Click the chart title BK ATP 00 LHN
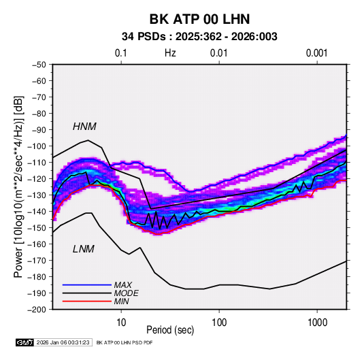click(199, 19)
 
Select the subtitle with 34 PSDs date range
click(199, 37)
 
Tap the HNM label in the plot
click(84, 127)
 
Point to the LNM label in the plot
click(84, 249)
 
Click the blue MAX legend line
click(87, 284)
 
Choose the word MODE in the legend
click(127, 293)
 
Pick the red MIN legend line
click(87, 301)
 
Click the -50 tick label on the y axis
click(39, 65)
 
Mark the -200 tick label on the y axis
click(37, 310)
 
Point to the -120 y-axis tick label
click(37, 179)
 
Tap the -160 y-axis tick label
click(37, 244)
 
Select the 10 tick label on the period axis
click(121, 323)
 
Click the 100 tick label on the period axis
click(219, 323)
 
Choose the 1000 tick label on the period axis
click(317, 323)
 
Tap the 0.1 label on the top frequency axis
click(121, 53)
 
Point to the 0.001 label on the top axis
click(316, 53)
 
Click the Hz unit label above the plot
click(170, 53)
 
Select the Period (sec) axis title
click(170, 330)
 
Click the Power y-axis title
click(18, 186)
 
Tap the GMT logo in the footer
click(24, 342)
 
